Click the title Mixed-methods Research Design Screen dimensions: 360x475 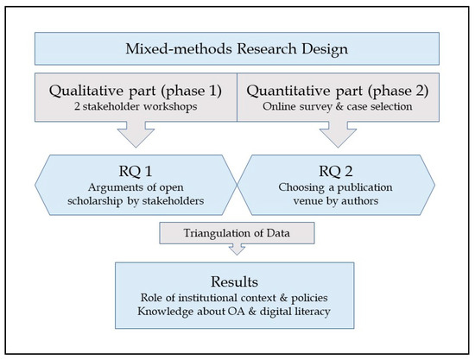(x=237, y=49)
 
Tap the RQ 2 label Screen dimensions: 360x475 (x=337, y=161)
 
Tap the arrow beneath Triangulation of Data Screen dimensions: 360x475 (x=237, y=249)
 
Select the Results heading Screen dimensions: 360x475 (x=237, y=282)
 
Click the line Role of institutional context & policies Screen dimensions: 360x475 (x=237, y=300)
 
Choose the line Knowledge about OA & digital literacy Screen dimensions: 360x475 (x=237, y=314)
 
